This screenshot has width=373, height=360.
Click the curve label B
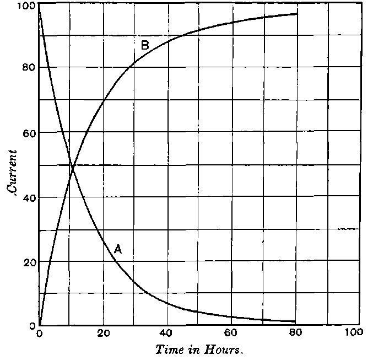(145, 45)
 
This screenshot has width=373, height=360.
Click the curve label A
(118, 249)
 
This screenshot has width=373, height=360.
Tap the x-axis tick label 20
(102, 333)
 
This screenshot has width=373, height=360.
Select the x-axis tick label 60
(231, 333)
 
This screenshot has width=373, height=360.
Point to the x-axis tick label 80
(296, 333)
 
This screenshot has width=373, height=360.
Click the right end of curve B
(298, 13)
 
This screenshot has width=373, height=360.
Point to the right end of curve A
(296, 321)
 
